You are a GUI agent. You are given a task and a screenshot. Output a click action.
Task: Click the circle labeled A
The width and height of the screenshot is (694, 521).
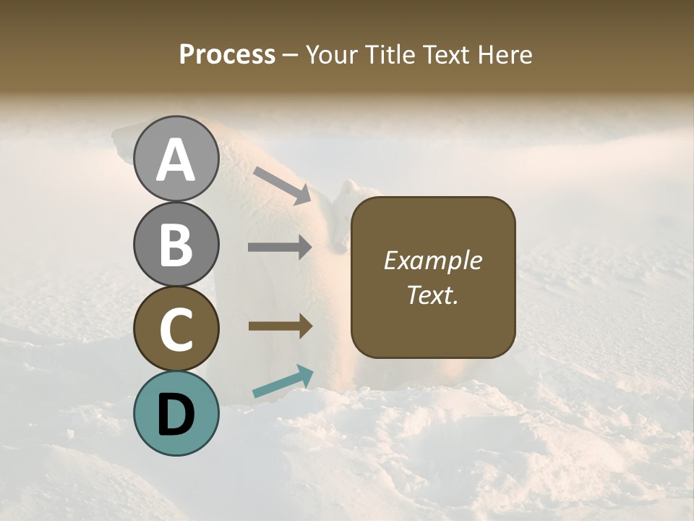pos(176,159)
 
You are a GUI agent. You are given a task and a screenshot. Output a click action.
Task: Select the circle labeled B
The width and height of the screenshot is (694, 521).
pos(176,244)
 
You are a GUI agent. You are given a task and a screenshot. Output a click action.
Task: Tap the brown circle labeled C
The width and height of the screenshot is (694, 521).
pos(176,329)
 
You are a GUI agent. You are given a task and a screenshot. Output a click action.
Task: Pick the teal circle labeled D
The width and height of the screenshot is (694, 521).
pos(176,413)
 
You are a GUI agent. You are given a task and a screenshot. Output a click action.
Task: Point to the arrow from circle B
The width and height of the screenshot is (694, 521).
pos(280,247)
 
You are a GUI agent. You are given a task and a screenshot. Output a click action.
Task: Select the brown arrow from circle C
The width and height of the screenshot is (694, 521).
pos(280,326)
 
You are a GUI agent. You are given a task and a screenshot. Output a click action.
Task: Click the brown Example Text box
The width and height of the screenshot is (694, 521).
pos(433,277)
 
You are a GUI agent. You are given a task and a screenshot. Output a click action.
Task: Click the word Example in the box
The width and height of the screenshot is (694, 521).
pos(433,260)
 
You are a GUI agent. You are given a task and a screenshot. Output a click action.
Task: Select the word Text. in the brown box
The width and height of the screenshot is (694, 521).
pos(433,295)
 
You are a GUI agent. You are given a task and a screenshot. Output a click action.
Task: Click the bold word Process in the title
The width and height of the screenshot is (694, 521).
pos(227,54)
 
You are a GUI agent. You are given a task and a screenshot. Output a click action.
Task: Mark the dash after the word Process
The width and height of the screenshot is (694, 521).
pos(291,55)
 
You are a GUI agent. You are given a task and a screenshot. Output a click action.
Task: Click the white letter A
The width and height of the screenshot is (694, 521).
pos(176,160)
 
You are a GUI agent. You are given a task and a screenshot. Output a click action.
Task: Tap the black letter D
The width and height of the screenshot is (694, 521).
pos(176,414)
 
